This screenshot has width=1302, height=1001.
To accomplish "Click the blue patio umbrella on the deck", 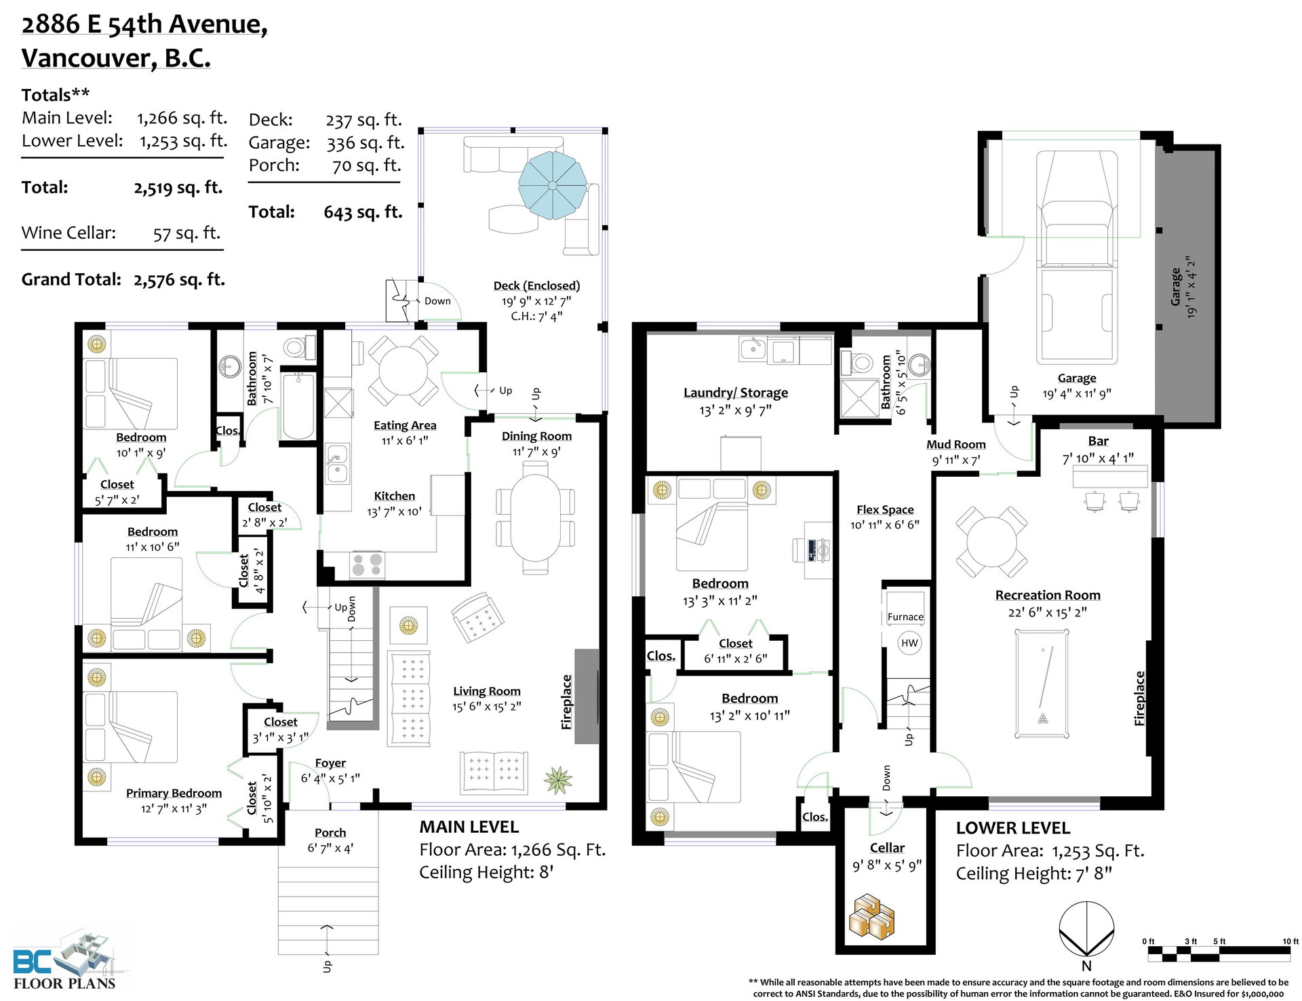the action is (x=553, y=185).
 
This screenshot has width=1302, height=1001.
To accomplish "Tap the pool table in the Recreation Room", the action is (x=1042, y=684).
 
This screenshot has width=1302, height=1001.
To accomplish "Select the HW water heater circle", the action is (x=909, y=643).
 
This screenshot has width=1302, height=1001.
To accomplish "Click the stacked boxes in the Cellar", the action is (x=873, y=917).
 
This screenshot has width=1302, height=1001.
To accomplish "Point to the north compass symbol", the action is (x=1086, y=930).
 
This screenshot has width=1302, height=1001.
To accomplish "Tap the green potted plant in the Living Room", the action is (x=558, y=780).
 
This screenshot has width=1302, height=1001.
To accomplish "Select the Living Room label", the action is (x=487, y=691).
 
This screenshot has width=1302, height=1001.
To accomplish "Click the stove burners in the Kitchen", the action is (x=367, y=565).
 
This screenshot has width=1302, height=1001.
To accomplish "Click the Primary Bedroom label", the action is (x=174, y=793).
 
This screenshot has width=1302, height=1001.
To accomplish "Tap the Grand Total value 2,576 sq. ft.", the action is (x=179, y=279).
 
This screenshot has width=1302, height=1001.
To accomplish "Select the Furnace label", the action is (x=905, y=616).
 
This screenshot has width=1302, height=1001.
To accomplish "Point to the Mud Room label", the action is (x=956, y=444).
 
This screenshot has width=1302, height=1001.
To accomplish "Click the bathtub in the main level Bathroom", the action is (x=298, y=406).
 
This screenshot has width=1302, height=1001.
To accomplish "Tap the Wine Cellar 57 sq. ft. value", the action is (x=186, y=233).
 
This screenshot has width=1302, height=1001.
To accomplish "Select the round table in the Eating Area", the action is (x=403, y=370).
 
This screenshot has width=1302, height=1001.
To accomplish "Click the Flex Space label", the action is (x=885, y=509).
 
